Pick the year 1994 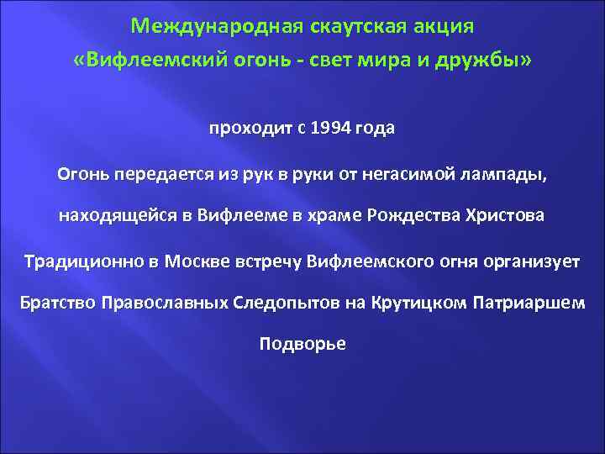pos(330,130)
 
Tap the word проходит pos(249,130)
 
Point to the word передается pos(149,173)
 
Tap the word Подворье pos(302,344)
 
